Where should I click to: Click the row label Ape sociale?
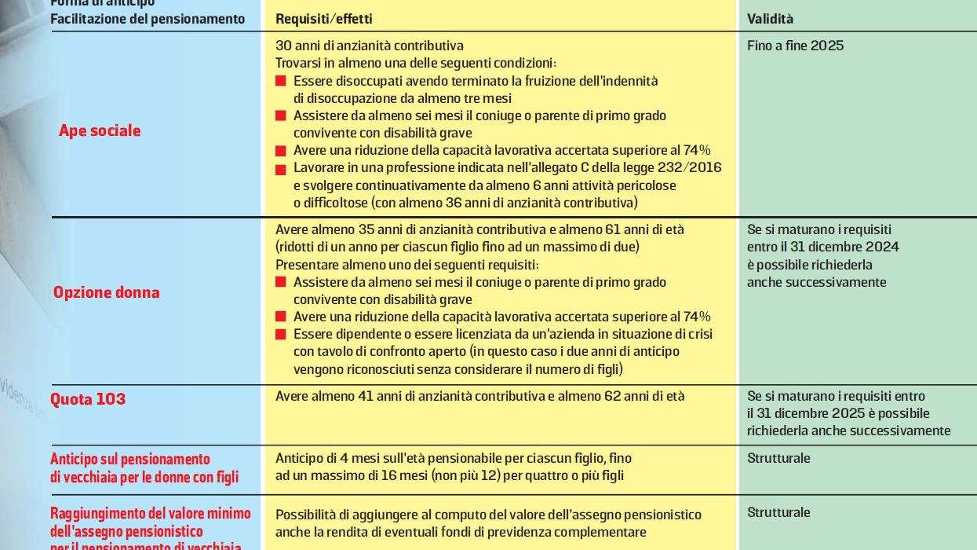coord(100,130)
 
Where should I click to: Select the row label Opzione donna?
coord(106,292)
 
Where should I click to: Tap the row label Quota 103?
coord(88,399)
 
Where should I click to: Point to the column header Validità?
coord(770,19)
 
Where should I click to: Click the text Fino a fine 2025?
coord(795,46)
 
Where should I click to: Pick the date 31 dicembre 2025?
coord(838,413)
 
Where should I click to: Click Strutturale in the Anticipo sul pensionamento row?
coord(778,458)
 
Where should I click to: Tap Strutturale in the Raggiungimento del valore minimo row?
coord(778,512)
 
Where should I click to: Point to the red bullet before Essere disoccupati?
coord(281,82)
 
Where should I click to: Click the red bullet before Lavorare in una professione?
coord(281,169)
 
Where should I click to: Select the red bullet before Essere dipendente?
coord(281,335)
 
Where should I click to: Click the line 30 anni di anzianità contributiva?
coord(369,46)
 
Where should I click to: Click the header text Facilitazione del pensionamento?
coord(148,19)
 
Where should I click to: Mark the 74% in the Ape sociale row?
coord(698,150)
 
